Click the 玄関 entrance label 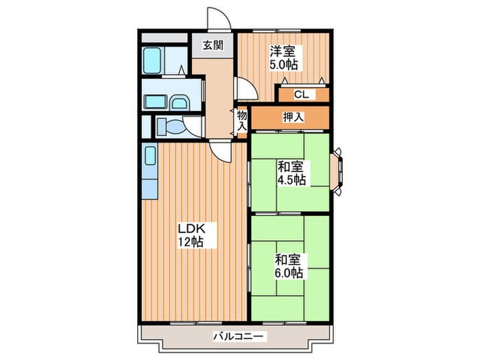[x=213, y=45]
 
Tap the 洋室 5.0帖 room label [x=283, y=58]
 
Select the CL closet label [x=302, y=95]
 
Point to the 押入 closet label [x=293, y=117]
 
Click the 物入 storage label [x=242, y=121]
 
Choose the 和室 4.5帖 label [x=291, y=173]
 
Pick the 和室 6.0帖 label [x=289, y=266]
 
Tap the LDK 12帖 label [x=191, y=235]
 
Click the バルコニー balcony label [x=238, y=337]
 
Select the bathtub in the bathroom [x=152, y=60]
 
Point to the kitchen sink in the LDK [x=150, y=156]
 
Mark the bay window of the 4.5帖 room [x=337, y=171]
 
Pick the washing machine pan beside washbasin [x=156, y=101]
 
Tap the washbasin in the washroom [x=179, y=103]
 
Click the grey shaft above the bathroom [x=165, y=38]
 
